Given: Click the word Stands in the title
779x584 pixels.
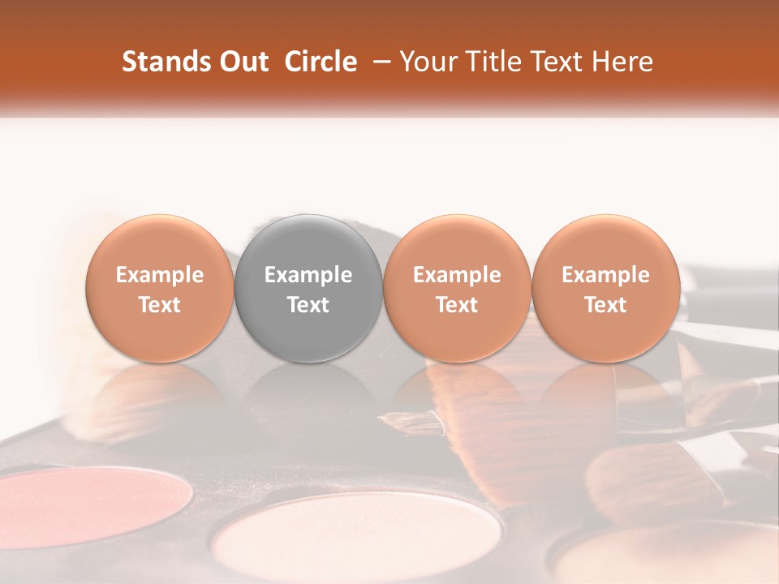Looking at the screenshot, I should pyautogui.click(x=162, y=62).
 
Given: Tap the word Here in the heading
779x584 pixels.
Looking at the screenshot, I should pyautogui.click(x=624, y=62).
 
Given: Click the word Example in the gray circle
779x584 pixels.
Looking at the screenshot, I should pyautogui.click(x=308, y=275).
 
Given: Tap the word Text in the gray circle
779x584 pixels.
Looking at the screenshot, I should pyautogui.click(x=308, y=305).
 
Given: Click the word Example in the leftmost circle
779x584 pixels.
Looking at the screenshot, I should pyautogui.click(x=160, y=275).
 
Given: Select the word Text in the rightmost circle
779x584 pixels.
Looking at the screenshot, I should pyautogui.click(x=605, y=305).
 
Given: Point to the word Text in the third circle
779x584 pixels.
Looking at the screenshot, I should pyautogui.click(x=457, y=305).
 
